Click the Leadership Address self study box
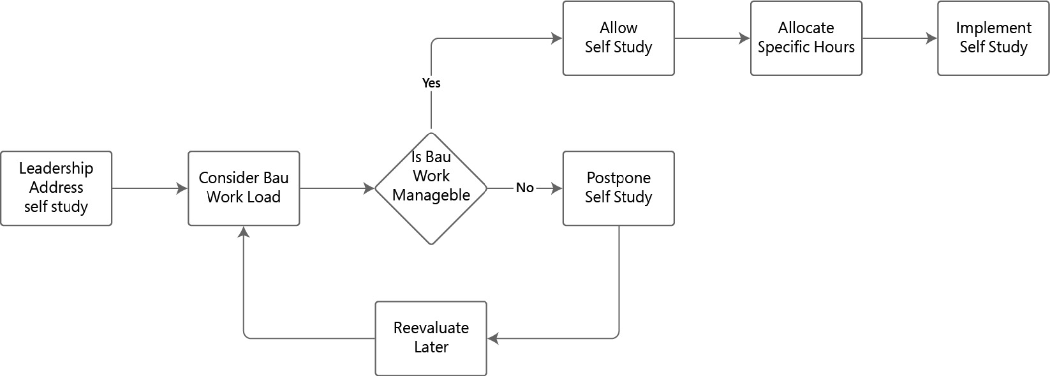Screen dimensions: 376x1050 coord(56,188)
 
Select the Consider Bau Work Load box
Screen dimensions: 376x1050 coord(244,188)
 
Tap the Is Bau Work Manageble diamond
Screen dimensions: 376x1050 coord(431,188)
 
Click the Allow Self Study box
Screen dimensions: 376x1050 coord(618,38)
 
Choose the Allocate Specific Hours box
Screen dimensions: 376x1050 coord(806,38)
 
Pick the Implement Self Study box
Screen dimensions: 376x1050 coord(993,38)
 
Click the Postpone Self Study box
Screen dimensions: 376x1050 coord(618,188)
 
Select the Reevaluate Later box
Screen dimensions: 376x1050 coord(431,338)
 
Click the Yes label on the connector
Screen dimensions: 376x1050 coord(431,83)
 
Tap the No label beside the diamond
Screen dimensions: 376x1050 coord(524,188)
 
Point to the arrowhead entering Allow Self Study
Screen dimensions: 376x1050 coord(558,38)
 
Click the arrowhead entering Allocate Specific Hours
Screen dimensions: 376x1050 coord(745,38)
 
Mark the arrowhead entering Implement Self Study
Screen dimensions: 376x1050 coord(933,38)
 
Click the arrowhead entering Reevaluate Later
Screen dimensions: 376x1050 coord(492,338)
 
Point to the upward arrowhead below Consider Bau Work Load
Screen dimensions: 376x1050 coord(244,231)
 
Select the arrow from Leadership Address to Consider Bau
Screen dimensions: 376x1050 coord(147,188)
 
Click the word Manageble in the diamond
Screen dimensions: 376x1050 coord(431,195)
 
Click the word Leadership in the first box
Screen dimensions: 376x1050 coord(56,169)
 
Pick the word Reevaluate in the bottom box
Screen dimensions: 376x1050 coord(431,328)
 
